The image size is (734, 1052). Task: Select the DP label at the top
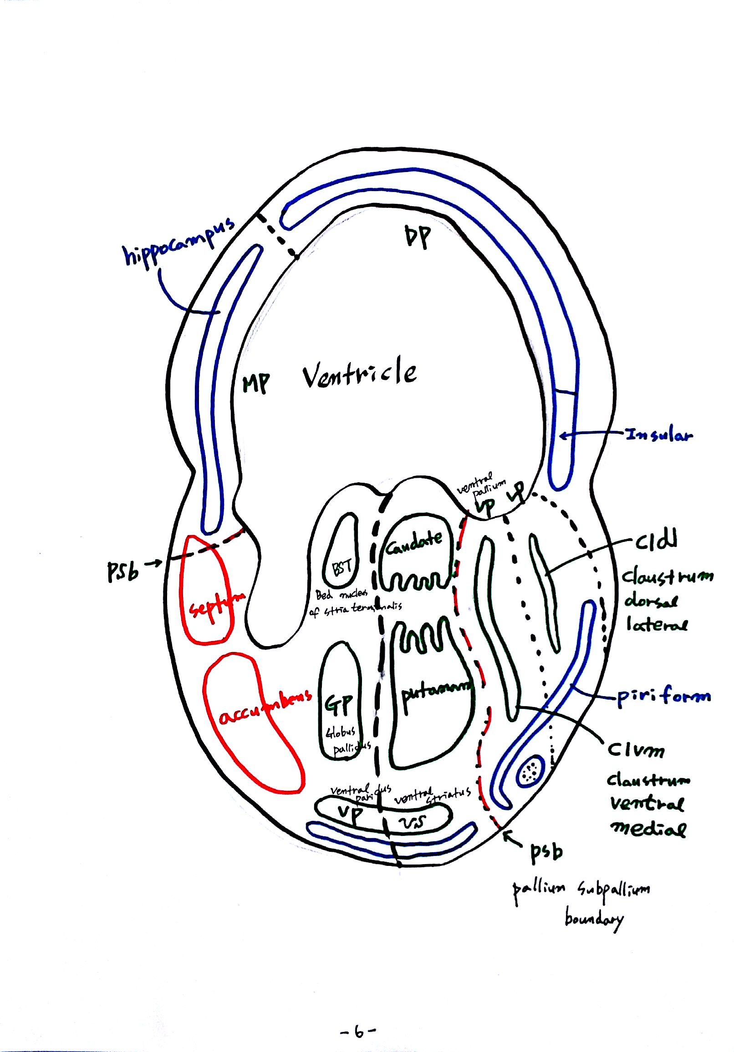pos(418,237)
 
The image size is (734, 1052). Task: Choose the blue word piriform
pos(663,697)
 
